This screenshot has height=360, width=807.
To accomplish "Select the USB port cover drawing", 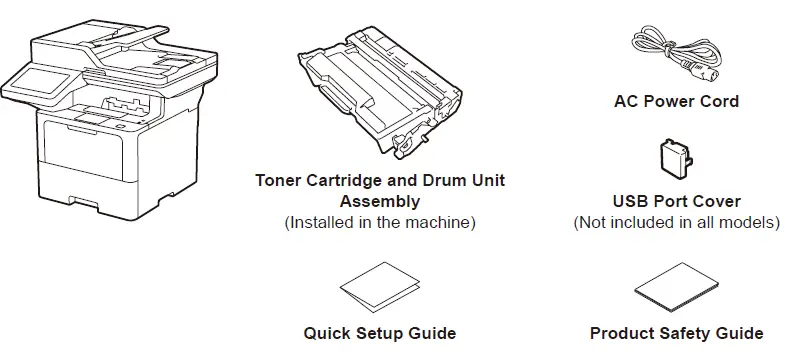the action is (675, 162).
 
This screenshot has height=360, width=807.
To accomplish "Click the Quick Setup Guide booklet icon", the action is (380, 287).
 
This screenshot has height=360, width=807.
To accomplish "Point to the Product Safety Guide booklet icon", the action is (676, 287).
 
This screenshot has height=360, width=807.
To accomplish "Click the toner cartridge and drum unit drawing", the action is (379, 93).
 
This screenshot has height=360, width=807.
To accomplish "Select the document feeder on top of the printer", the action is (124, 52).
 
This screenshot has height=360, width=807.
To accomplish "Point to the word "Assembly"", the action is (380, 201).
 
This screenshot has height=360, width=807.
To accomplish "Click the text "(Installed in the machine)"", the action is (380, 222).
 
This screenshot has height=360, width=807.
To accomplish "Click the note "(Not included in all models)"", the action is (676, 222).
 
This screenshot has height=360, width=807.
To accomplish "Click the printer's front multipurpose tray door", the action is (83, 149).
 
